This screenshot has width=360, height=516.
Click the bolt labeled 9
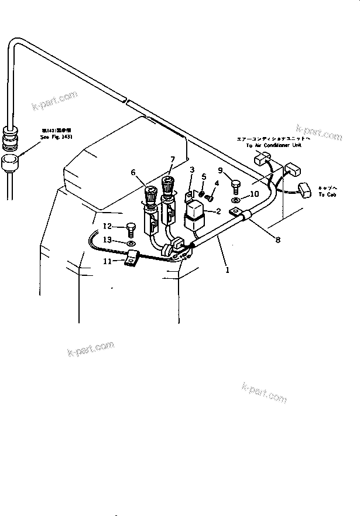coord(235,186)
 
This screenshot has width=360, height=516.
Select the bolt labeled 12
coord(131,227)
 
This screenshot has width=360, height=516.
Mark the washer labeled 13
coord(131,242)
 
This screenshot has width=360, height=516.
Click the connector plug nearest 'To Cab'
coord(303,189)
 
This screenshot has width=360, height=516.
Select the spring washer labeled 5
coord(201,193)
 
